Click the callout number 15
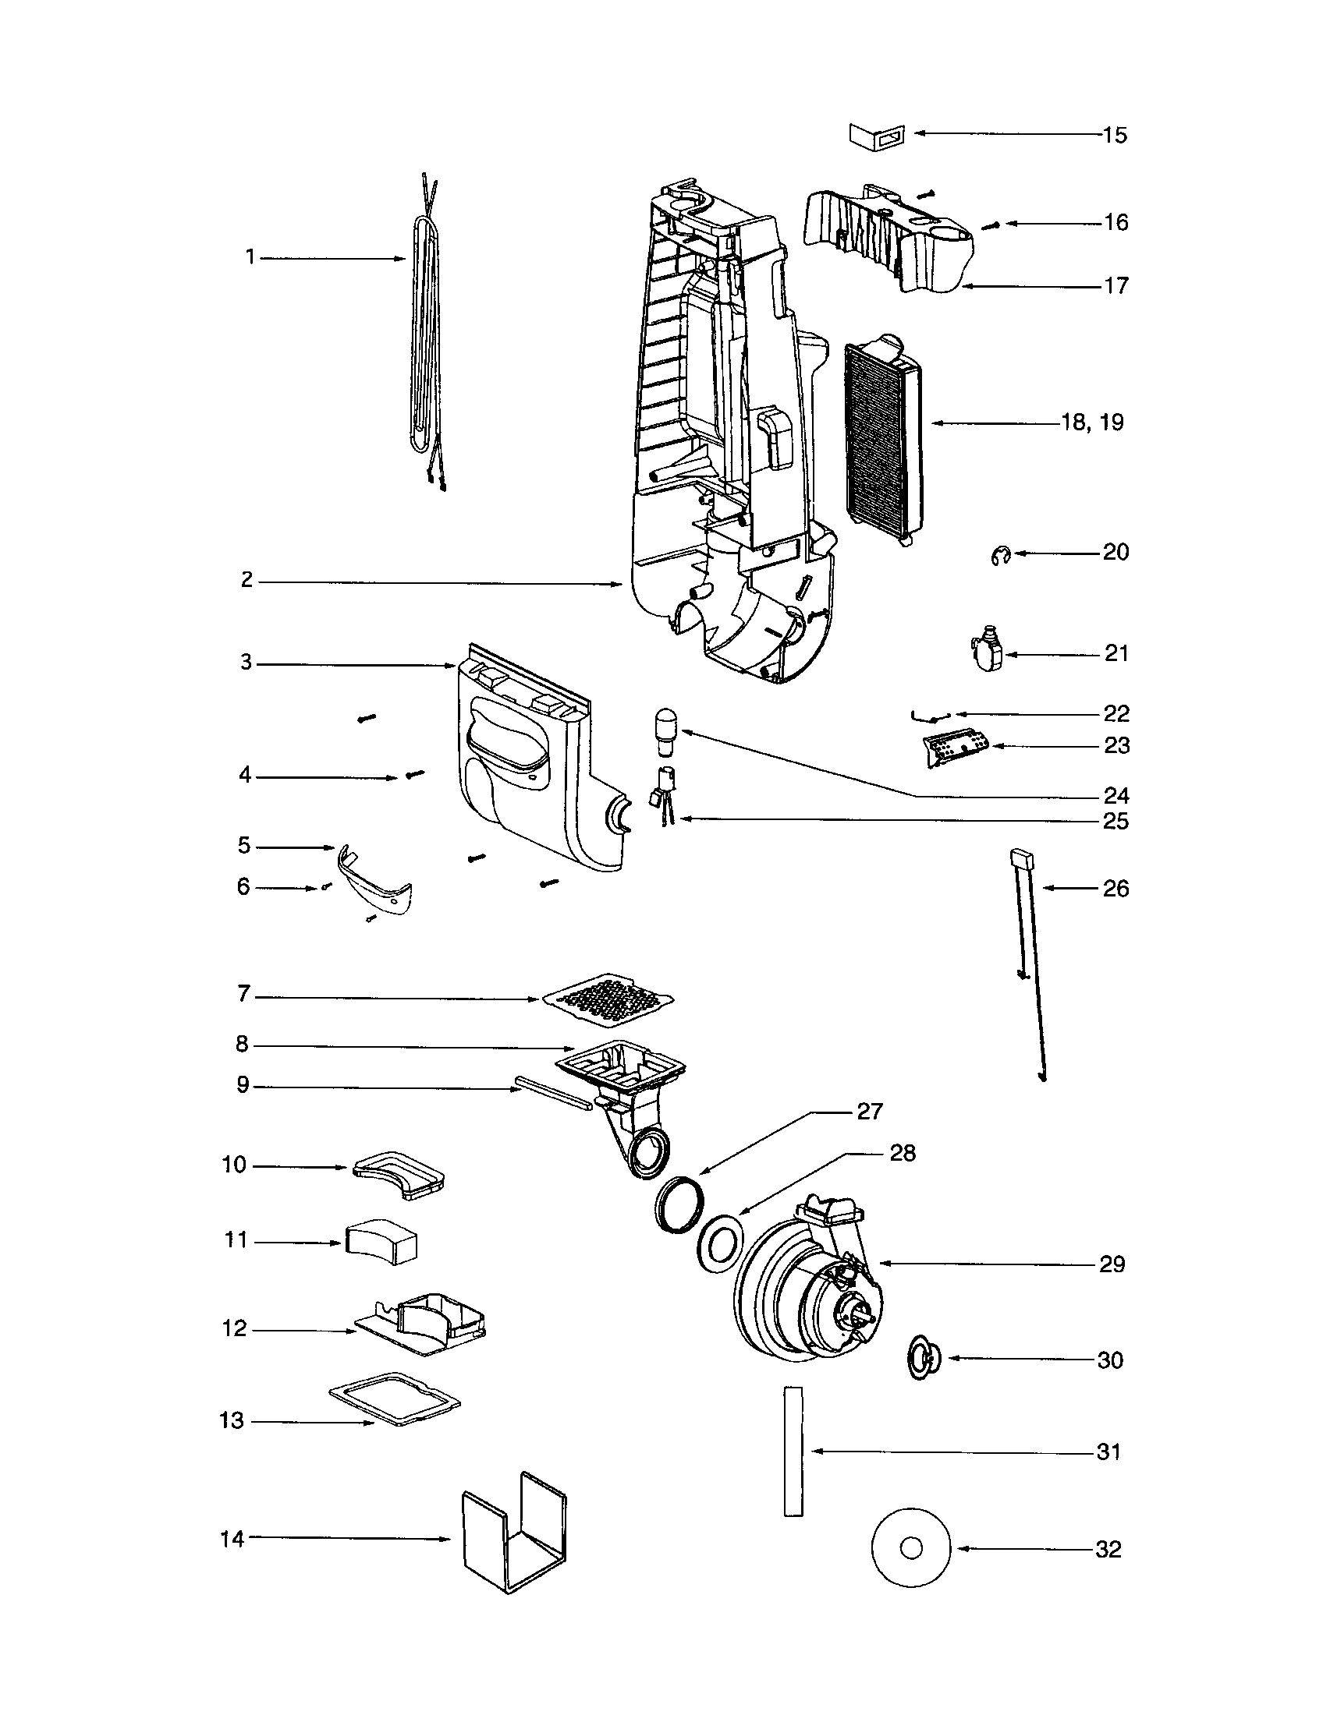[x=1114, y=135]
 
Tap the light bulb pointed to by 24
[x=665, y=729]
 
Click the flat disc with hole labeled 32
[x=910, y=1548]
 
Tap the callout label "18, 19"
[x=1092, y=423]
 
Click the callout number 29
[x=1112, y=1264]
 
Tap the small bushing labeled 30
[x=922, y=1356]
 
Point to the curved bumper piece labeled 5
[x=374, y=881]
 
